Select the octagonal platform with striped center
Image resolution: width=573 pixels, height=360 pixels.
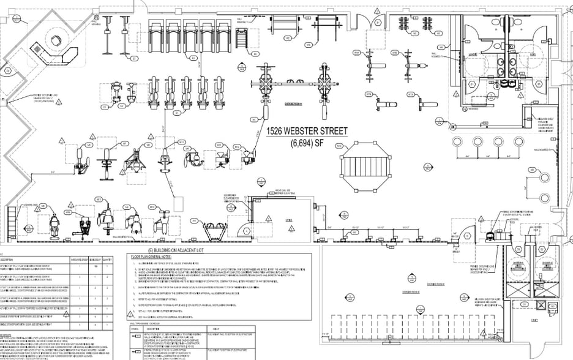[x=366, y=165]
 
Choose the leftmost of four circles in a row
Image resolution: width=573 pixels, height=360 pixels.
[x=457, y=142]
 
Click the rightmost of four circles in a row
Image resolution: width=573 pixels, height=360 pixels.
[x=519, y=142]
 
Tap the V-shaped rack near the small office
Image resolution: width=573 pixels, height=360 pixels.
[x=219, y=225]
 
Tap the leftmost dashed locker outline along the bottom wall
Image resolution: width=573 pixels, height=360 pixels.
[x=335, y=331]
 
